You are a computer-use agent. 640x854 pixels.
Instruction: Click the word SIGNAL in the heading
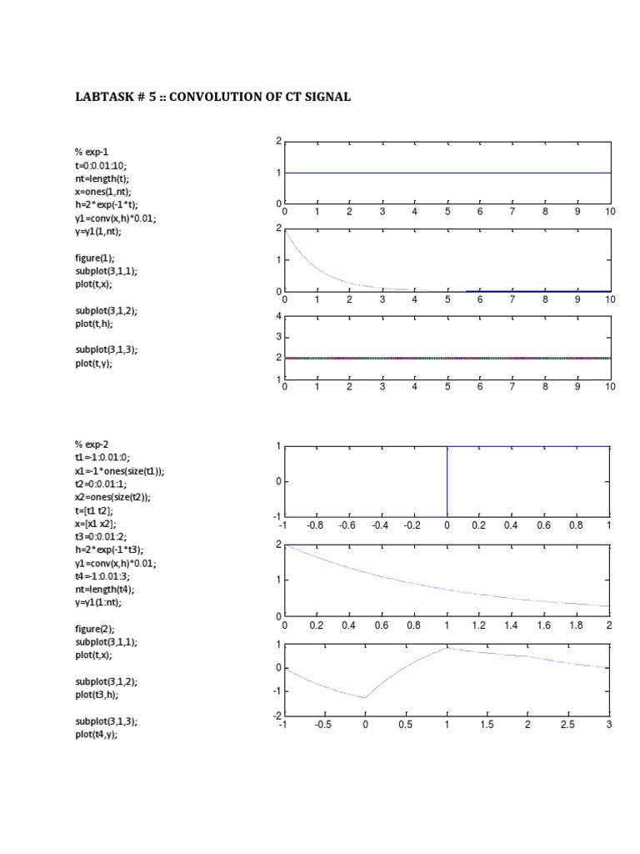click(x=326, y=98)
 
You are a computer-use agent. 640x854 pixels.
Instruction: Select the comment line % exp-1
click(x=88, y=152)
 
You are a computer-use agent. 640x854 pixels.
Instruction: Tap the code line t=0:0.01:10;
click(x=102, y=165)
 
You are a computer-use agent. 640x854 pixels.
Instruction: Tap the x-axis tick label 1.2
click(x=478, y=625)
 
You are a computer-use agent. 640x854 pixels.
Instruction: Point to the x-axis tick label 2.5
click(x=568, y=725)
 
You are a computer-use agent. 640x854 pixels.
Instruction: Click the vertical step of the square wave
click(x=447, y=482)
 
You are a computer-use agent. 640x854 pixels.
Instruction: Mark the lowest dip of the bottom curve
click(x=365, y=698)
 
